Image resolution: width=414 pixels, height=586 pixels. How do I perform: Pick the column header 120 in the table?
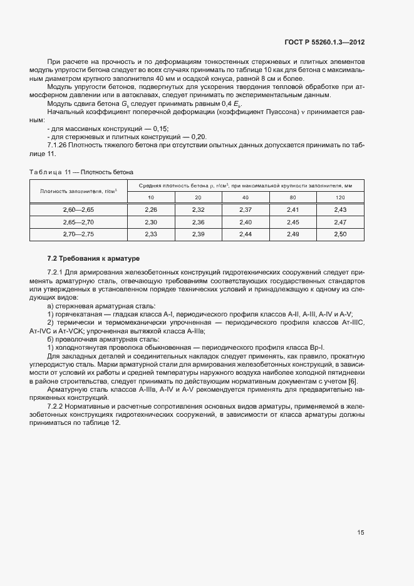click(x=340, y=197)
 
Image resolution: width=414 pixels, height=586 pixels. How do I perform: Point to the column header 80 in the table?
click(x=292, y=197)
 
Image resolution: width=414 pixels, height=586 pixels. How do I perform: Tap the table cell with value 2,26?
click(x=151, y=209)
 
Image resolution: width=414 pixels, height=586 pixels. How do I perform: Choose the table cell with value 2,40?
click(x=246, y=221)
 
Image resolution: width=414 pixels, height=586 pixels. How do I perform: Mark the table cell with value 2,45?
click(x=292, y=221)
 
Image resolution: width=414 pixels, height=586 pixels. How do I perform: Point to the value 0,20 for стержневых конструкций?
click(x=198, y=137)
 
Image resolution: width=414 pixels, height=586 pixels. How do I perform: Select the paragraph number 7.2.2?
click(x=58, y=407)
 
